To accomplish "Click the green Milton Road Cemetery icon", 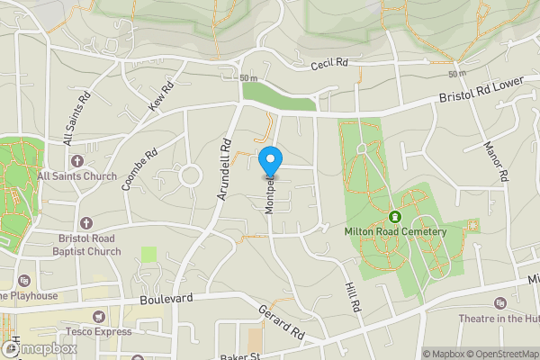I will tap(394, 216).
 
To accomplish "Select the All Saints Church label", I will tap(77, 175).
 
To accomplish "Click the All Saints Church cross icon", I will tap(76, 161).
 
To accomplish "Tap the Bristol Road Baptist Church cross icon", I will tap(86, 222).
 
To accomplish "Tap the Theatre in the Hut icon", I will tap(500, 302).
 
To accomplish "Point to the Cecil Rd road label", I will tap(329, 65).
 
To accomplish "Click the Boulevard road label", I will tap(167, 297).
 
